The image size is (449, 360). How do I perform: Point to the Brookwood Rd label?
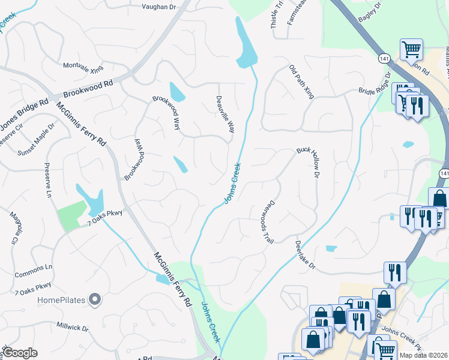[88, 86]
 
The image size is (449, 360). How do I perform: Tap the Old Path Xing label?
[301, 82]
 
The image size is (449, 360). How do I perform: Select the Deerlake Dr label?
[305, 255]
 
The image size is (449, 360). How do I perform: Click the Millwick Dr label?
[72, 329]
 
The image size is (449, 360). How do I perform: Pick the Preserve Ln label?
[48, 180]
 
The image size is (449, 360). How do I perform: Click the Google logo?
[20, 353]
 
